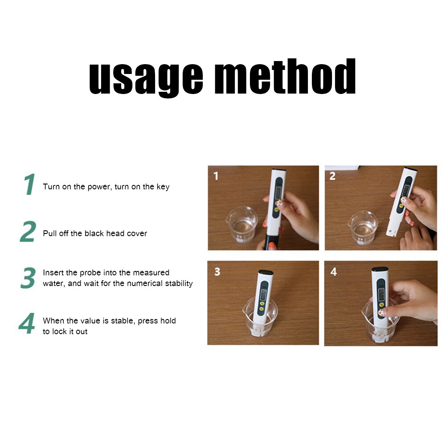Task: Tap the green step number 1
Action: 29,184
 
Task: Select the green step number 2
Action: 28,232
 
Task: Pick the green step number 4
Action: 27,324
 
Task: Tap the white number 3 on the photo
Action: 217,271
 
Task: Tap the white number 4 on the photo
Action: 334,271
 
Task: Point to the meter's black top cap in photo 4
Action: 380,270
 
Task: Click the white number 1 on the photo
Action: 216,176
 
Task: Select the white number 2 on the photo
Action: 332,176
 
